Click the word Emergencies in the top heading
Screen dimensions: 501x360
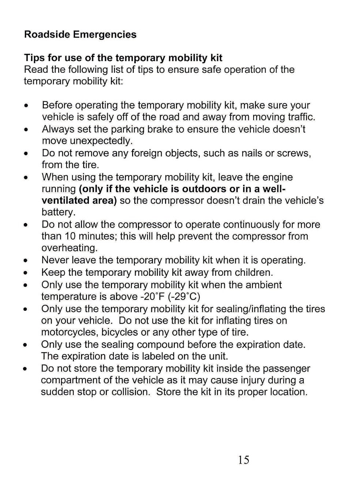[x=105, y=34]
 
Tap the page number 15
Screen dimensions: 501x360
[x=243, y=460]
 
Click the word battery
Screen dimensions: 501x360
[x=59, y=212]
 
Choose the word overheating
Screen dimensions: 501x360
[x=70, y=248]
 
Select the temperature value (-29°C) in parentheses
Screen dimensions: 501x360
[x=184, y=296]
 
